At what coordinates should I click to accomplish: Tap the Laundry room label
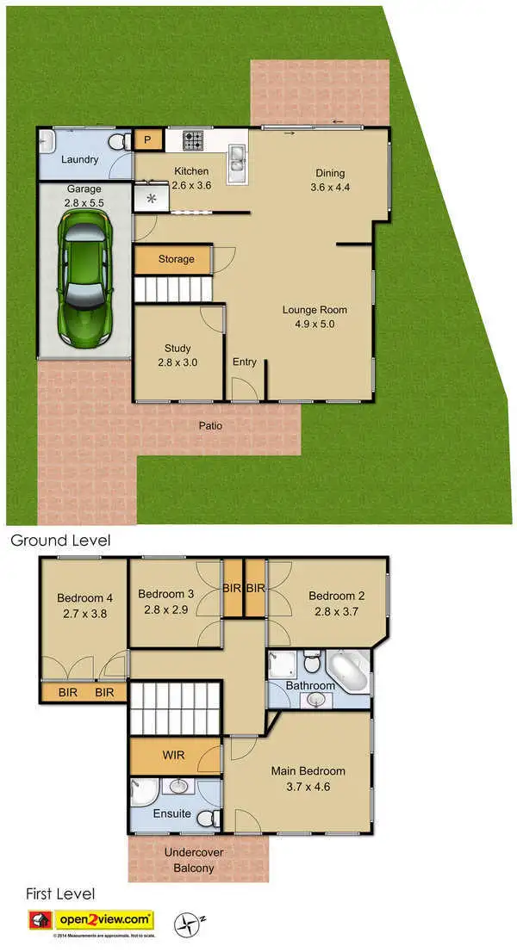click(79, 159)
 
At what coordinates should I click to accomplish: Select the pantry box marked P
click(146, 139)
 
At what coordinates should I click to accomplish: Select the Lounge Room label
click(315, 317)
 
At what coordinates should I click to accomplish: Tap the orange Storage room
click(175, 259)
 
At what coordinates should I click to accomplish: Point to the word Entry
click(244, 362)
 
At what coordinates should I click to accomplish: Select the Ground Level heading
click(59, 541)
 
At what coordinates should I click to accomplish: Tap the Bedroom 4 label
click(84, 606)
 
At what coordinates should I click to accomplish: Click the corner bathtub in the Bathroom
click(351, 671)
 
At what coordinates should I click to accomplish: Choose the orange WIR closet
click(174, 756)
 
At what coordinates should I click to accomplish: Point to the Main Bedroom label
click(308, 778)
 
